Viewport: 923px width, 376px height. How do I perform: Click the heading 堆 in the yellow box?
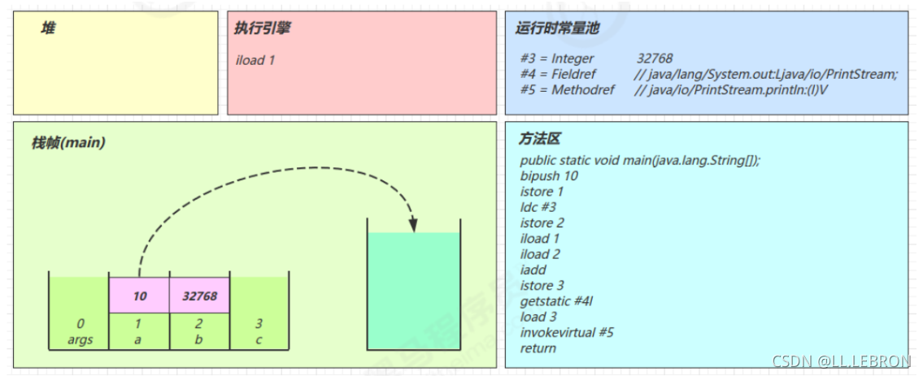point(49,28)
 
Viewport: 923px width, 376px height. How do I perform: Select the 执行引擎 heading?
point(262,28)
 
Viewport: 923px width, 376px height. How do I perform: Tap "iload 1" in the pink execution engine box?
point(255,60)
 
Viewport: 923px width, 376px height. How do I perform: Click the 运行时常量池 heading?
point(557,28)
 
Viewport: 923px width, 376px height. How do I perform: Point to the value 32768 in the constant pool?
point(654,58)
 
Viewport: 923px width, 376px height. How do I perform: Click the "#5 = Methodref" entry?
point(562,89)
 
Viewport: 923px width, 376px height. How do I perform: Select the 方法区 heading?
point(539,140)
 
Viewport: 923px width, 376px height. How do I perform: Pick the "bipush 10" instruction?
point(549,176)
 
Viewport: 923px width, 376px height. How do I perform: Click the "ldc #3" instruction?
point(538,207)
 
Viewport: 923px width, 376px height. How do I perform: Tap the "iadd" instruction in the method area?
point(533,270)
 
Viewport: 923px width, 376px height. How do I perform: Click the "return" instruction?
point(538,348)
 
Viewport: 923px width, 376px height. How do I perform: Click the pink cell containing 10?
point(139,296)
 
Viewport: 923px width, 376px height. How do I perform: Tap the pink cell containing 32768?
point(199,296)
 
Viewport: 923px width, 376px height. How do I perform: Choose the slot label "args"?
point(80,339)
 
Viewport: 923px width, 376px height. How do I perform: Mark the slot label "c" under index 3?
point(259,339)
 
